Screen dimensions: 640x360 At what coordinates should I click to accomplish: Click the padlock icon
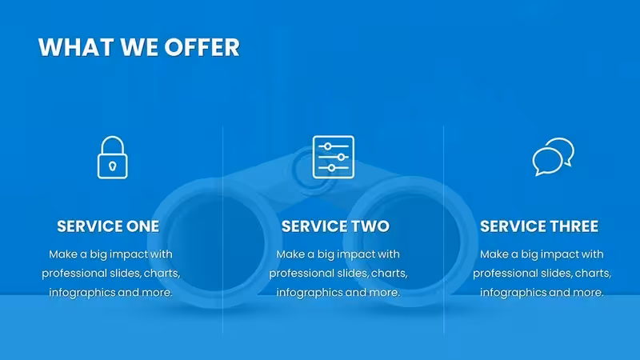point(113,158)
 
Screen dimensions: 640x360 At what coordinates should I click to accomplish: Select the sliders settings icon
point(334,157)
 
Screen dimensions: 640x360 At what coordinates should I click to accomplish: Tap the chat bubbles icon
point(553,157)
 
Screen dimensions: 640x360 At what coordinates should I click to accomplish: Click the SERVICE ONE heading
point(108,226)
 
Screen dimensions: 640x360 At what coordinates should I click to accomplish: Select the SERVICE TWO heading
point(335,226)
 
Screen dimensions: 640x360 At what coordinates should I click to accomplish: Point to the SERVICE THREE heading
point(539,226)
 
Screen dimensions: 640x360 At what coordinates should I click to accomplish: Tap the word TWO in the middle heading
point(370,226)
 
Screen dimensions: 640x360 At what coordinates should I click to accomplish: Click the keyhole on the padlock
point(113,166)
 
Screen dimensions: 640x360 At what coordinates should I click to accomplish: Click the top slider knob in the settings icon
point(327,146)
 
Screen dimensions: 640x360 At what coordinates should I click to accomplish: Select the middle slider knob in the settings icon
point(341,157)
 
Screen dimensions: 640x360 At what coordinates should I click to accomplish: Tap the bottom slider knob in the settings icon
point(331,168)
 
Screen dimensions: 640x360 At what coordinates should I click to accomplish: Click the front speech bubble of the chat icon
point(547,162)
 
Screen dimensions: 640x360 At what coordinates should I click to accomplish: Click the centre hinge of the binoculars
point(311,174)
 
